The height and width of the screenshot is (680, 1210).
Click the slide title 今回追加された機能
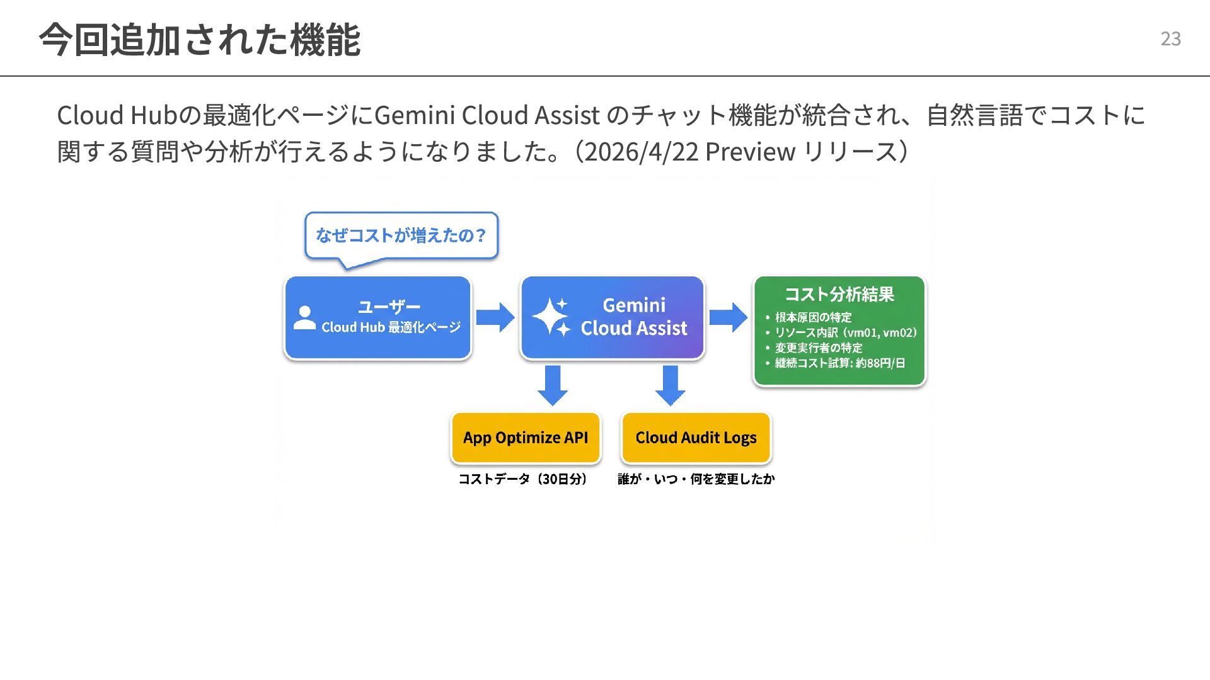click(200, 39)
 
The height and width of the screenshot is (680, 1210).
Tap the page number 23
click(1170, 39)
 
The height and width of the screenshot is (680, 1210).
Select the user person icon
click(305, 318)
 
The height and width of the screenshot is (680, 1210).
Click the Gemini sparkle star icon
click(551, 317)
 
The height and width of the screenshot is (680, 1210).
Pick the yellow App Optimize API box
click(526, 438)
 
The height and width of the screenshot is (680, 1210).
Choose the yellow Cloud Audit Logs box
click(696, 438)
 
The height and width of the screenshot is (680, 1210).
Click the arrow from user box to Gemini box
click(495, 317)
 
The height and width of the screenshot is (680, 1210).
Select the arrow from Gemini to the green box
click(729, 317)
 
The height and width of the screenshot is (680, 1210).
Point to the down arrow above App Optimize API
click(553, 385)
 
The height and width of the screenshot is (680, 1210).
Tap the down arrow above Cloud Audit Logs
click(670, 385)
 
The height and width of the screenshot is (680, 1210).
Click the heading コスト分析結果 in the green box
click(839, 294)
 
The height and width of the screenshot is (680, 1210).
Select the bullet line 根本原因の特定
click(808, 317)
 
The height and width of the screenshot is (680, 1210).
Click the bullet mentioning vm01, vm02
click(841, 332)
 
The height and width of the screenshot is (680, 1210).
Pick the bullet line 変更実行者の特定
click(814, 348)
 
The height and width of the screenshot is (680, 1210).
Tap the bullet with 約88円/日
click(835, 363)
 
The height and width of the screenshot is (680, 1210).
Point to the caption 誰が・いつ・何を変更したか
click(696, 479)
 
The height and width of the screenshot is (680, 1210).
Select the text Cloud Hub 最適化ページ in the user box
click(391, 327)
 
